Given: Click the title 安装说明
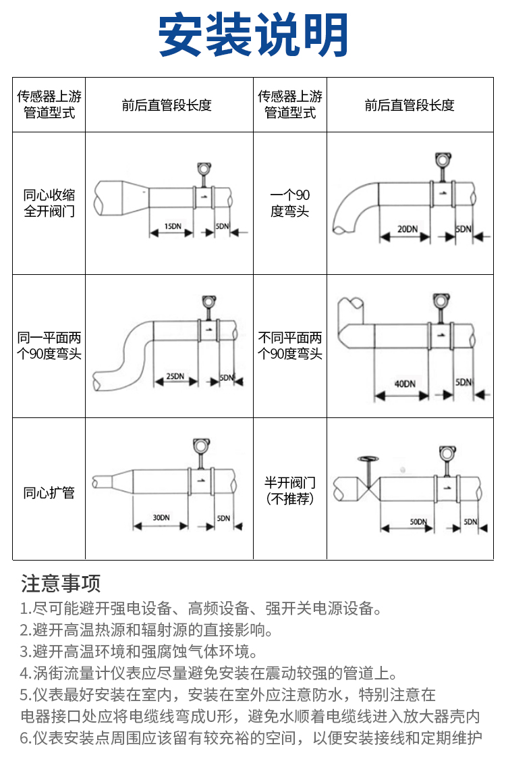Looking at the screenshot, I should coord(253,35).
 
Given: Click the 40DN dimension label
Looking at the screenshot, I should coord(405,384).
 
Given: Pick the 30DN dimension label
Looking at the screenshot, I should coord(161,517).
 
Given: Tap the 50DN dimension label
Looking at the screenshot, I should coord(418,521).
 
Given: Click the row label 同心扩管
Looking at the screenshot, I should coord(49,492).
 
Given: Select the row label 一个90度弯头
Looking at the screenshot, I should coord(290,203).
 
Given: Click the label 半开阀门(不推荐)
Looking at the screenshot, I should coord(290,491).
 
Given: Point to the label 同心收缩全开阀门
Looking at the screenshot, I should coord(49,203).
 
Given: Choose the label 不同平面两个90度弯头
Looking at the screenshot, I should coord(290,346).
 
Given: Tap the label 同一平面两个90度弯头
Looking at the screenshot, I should coord(49,346).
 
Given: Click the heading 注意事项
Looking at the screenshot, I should coord(61,583).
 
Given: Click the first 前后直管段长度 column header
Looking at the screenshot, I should coord(167,105).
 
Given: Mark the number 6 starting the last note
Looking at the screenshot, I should coord(24,738).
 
